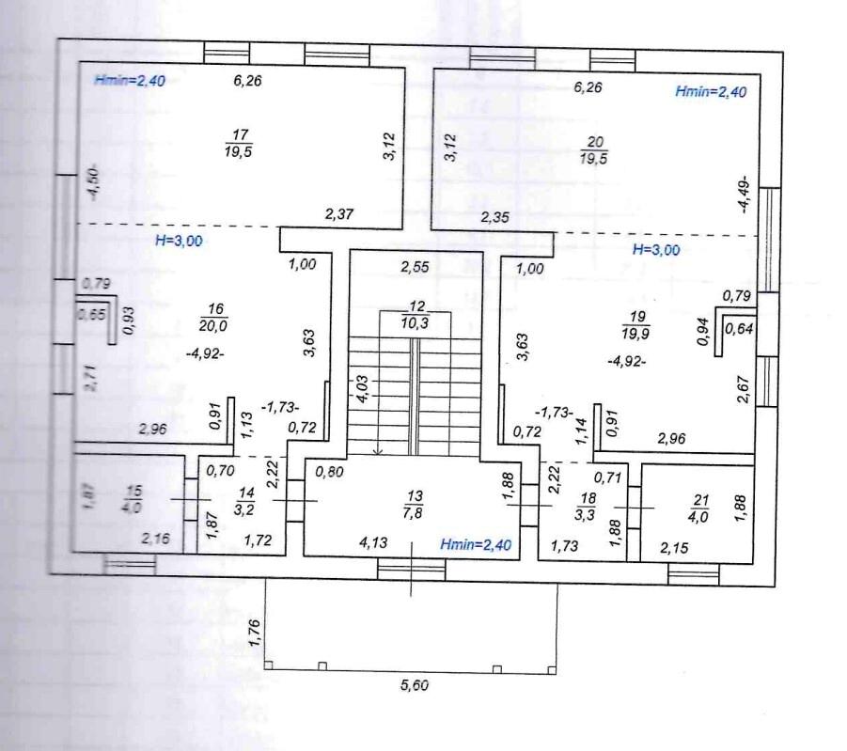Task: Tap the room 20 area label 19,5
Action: pos(594,158)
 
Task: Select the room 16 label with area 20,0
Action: pos(214,317)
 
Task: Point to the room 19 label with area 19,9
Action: pos(635,324)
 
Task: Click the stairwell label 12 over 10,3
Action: pos(416,315)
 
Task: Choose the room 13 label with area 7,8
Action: pos(413,504)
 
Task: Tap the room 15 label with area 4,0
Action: pos(133,499)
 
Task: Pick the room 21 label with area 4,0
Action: pos(700,508)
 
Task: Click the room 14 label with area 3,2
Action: pos(245,501)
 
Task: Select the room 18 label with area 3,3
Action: pos(586,507)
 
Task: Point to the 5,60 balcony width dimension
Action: pos(415,685)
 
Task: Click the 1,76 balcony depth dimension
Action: pos(255,633)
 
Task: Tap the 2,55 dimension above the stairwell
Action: pos(415,266)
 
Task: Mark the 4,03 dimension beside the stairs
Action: pos(362,388)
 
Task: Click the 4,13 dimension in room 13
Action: pos(373,541)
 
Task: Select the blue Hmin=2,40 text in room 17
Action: pos(130,81)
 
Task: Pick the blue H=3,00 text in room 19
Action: pos(656,249)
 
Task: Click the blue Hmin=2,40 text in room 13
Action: pos(476,544)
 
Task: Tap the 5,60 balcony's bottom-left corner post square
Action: pos(269,665)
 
